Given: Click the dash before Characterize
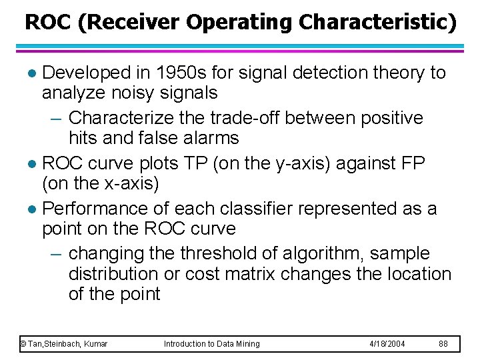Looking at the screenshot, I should [57, 119].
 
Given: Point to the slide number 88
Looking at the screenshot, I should [443, 344].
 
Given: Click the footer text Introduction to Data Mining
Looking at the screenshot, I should [212, 344].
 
